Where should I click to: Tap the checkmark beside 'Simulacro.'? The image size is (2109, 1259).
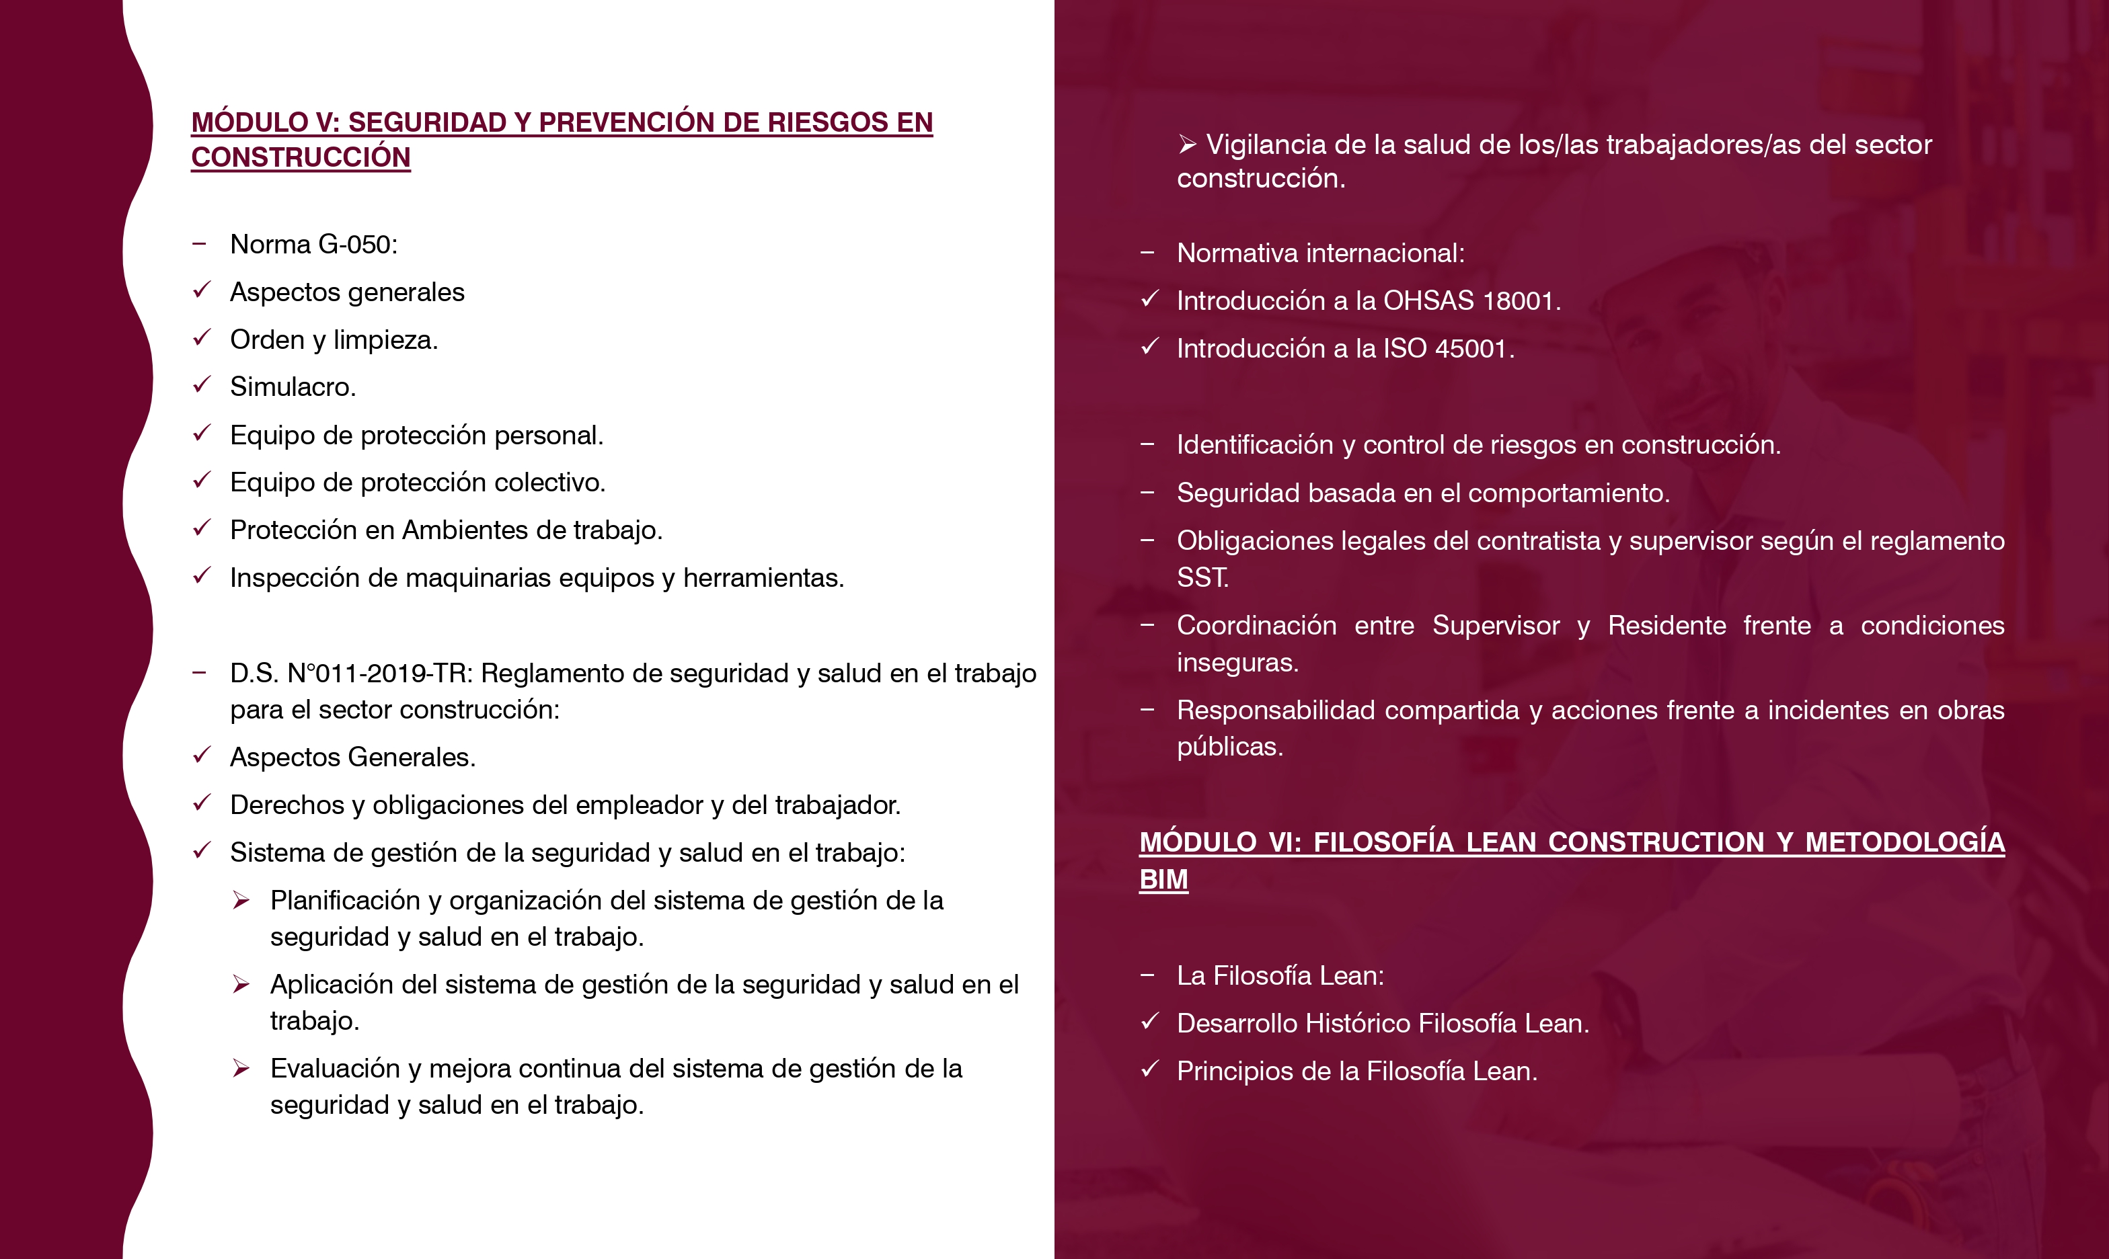pos(201,385)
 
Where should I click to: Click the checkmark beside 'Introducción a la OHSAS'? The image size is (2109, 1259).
pos(1150,300)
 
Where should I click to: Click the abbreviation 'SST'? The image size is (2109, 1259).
pos(1201,578)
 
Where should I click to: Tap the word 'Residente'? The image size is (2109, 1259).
pos(1667,625)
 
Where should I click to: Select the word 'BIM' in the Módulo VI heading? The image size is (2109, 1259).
pos(1163,879)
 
